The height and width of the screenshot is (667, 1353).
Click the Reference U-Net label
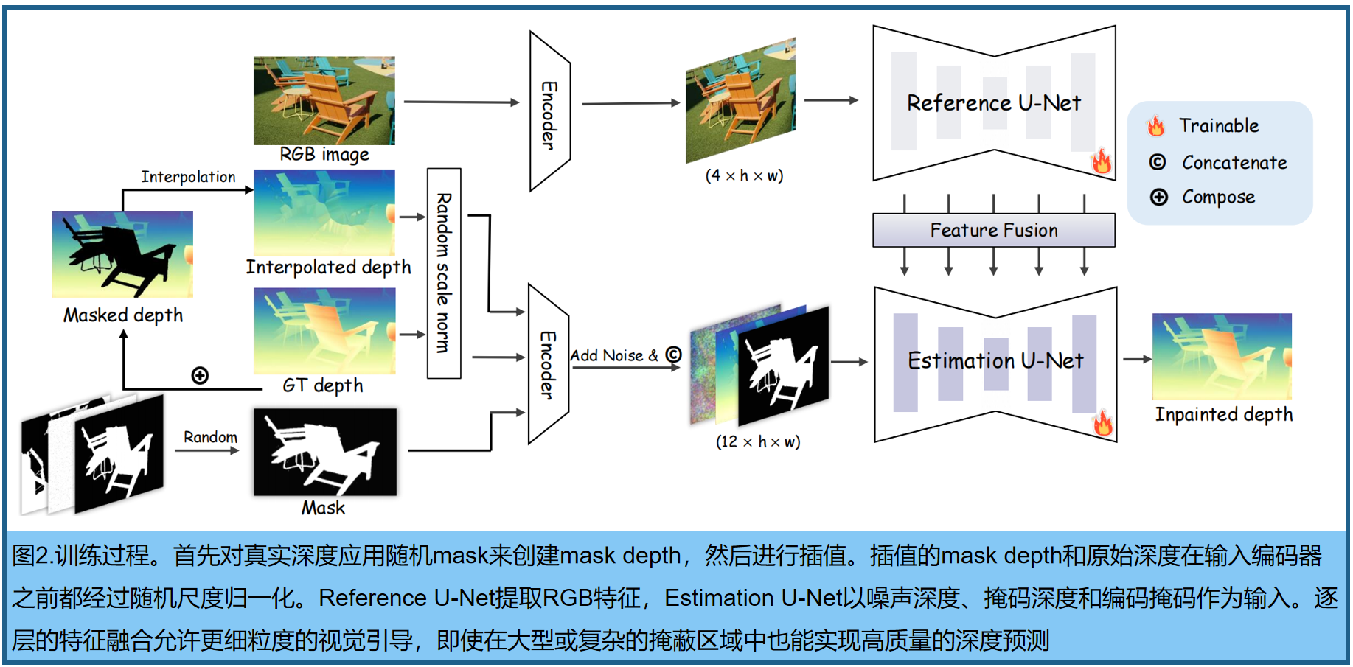(x=993, y=103)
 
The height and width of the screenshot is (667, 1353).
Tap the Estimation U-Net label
(x=995, y=360)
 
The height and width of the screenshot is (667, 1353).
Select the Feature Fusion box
(x=993, y=231)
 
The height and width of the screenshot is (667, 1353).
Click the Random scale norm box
(x=444, y=273)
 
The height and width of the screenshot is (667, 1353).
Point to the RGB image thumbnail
(x=324, y=100)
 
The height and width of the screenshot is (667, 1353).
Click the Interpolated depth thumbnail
(x=324, y=213)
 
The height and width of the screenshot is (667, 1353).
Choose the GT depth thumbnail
(x=324, y=331)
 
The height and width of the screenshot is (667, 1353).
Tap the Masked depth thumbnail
(x=122, y=254)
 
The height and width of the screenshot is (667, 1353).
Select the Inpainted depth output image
(x=1222, y=357)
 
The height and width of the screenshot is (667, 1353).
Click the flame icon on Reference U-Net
(x=1102, y=161)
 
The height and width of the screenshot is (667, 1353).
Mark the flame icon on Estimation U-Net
(x=1103, y=423)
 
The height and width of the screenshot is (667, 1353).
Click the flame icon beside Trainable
(x=1155, y=126)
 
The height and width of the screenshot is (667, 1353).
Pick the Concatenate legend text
(x=1234, y=163)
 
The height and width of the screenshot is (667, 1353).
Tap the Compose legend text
(x=1218, y=198)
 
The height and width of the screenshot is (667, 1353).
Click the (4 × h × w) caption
(x=744, y=176)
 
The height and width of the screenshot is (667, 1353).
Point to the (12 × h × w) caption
(x=758, y=441)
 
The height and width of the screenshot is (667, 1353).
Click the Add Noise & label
(x=613, y=355)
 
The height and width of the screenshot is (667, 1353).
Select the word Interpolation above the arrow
(x=188, y=177)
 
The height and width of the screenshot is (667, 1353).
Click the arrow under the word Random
(x=210, y=450)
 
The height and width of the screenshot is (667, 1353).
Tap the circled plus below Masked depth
(x=200, y=376)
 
